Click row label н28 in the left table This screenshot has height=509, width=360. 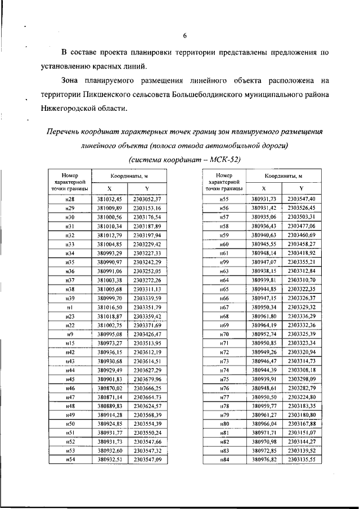[x=70, y=199]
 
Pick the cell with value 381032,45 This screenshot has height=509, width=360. [x=109, y=199]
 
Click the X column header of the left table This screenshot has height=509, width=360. [x=109, y=188]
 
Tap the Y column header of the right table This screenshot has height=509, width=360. [x=301, y=188]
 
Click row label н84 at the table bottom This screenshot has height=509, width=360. [x=223, y=460]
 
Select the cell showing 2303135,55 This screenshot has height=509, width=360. [x=301, y=460]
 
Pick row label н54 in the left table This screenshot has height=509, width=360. [x=70, y=460]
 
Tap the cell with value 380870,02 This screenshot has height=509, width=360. [x=109, y=388]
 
